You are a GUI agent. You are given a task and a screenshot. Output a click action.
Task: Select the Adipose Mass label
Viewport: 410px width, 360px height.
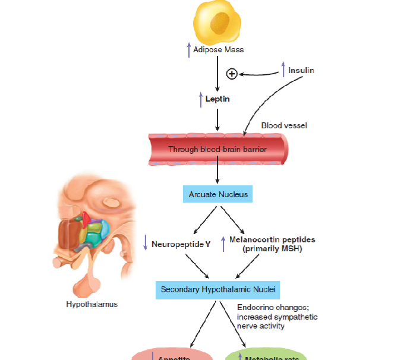pos(218,50)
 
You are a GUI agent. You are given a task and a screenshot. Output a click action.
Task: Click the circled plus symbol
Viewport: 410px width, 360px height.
pos(232,74)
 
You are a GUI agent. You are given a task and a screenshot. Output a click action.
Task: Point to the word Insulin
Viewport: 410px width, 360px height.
pos(301,71)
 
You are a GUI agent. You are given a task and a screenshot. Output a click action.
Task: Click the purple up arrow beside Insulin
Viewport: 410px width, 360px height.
pos(283,70)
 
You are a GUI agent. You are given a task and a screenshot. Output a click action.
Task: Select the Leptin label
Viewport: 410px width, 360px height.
pos(217,99)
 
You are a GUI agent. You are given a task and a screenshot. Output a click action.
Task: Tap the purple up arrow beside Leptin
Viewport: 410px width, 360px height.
pos(201,99)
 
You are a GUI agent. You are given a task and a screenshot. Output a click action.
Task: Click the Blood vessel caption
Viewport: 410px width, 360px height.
pos(284,126)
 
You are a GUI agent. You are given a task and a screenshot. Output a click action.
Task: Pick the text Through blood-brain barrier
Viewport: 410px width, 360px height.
pos(217,149)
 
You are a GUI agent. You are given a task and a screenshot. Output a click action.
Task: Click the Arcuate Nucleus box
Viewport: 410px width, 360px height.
pos(218,194)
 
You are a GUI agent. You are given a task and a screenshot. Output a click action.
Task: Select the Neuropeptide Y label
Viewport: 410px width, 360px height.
pos(181,244)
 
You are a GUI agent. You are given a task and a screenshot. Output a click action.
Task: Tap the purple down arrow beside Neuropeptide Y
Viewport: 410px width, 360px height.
pos(145,242)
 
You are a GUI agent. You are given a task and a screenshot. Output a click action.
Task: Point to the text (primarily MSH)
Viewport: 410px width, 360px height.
pos(273,249)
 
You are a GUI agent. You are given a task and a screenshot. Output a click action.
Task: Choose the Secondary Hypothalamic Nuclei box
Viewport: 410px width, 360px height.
pos(217,290)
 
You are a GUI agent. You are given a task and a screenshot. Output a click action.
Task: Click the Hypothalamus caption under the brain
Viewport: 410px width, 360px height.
pos(92,305)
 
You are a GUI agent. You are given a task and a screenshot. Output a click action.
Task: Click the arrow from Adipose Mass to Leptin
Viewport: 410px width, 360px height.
pos(218,75)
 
